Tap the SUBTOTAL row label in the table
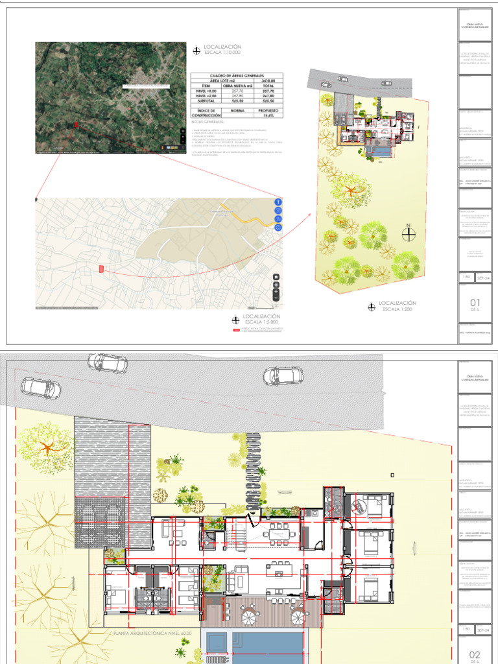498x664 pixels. (x=206, y=101)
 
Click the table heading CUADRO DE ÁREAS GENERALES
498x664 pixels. (x=236, y=75)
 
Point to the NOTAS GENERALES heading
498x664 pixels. (x=208, y=121)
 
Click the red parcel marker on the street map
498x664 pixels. (x=101, y=268)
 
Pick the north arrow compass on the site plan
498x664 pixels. (x=409, y=234)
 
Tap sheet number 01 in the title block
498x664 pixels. (x=475, y=302)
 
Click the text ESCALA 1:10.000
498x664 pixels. (x=222, y=53)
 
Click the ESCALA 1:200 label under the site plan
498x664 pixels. (x=397, y=309)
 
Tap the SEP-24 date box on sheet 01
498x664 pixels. (x=484, y=278)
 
